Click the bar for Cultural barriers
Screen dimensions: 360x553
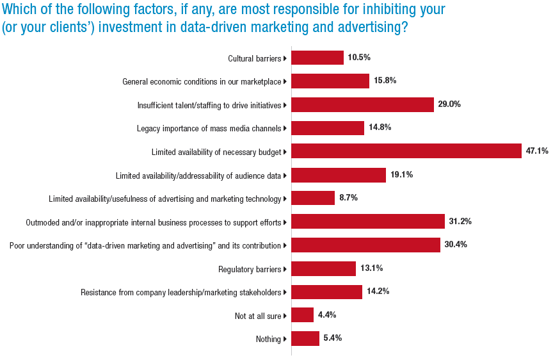click(317, 58)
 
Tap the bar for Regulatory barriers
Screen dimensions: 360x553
click(323, 268)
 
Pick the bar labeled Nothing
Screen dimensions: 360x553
click(305, 339)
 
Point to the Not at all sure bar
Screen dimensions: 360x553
click(302, 315)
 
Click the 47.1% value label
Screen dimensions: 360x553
click(537, 151)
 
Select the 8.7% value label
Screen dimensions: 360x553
click(348, 198)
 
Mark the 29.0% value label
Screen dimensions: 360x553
click(449, 104)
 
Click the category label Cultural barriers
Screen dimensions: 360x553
click(254, 58)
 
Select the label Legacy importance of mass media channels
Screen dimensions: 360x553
click(209, 128)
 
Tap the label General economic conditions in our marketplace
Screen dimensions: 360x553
click(202, 81)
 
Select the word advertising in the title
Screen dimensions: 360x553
click(363, 29)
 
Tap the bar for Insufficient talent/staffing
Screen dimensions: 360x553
click(362, 104)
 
